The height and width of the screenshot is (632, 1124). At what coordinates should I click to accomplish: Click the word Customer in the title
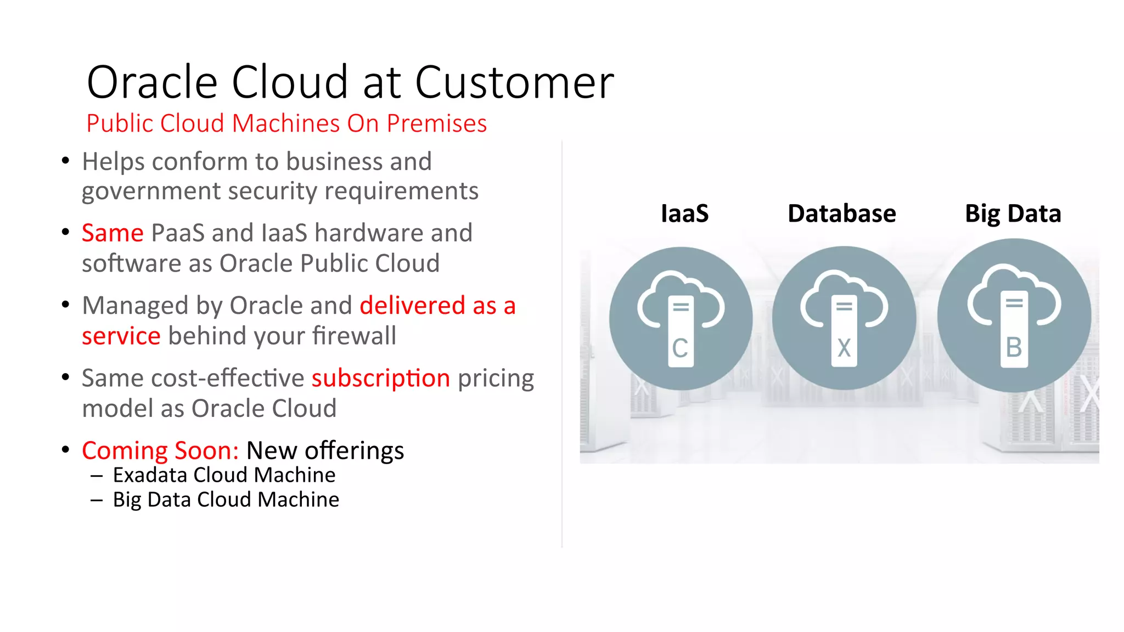coord(514,82)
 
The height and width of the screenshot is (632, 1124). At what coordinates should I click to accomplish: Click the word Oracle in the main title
coord(152,82)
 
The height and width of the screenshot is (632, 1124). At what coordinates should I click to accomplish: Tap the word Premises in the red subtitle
coord(436,123)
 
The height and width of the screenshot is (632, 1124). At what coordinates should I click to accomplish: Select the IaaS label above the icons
coord(684,213)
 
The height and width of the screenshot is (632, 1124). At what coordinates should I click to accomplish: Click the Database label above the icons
coord(841,213)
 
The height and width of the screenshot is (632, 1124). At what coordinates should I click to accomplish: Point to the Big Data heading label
coord(1013,213)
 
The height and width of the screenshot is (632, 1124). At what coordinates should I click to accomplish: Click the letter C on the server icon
coord(680,348)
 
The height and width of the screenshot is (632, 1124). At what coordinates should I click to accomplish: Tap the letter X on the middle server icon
coord(844,348)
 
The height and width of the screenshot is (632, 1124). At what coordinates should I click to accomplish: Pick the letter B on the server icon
coord(1014,347)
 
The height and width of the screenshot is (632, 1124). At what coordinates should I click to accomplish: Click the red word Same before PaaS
coord(113,233)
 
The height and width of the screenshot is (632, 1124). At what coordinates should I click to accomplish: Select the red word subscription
coord(381,379)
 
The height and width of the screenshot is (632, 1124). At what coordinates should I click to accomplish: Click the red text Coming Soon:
coord(160,450)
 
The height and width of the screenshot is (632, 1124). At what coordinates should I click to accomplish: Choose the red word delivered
coord(412,306)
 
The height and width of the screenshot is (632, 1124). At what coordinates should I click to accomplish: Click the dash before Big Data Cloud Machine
coord(97,500)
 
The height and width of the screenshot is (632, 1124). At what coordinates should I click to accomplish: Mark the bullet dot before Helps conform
coord(66,161)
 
